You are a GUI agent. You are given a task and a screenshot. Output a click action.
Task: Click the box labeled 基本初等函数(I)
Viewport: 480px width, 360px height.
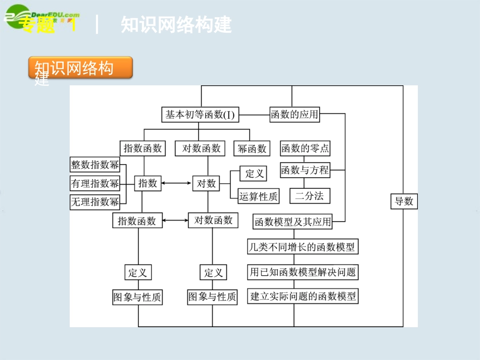coord(200,115)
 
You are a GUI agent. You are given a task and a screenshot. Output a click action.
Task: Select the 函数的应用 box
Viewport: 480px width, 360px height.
coord(295,115)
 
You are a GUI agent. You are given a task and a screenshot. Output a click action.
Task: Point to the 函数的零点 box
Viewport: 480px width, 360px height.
coord(305,148)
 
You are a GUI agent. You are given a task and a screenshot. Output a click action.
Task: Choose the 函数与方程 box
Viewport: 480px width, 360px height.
coord(305,170)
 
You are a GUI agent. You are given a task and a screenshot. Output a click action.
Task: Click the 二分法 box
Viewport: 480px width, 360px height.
coord(310,196)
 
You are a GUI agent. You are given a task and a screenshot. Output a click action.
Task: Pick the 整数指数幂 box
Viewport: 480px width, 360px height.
coord(95,165)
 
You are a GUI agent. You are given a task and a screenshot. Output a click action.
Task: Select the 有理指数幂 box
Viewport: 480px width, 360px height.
coord(95,183)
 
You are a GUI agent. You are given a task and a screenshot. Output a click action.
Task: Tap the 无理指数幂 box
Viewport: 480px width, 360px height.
coord(95,202)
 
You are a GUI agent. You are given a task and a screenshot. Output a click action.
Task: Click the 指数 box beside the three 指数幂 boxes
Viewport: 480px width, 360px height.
coord(148,183)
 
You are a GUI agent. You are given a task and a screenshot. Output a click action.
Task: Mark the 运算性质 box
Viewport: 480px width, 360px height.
coord(259,196)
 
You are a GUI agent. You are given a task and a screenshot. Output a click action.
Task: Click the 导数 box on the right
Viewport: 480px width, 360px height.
coord(404,201)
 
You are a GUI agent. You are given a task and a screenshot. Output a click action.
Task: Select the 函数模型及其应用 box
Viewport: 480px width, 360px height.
coord(293,222)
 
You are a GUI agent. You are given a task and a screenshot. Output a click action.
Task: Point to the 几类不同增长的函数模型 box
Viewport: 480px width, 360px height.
coord(302,247)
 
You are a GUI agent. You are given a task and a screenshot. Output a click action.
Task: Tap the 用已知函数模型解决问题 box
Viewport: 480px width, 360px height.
coord(303,272)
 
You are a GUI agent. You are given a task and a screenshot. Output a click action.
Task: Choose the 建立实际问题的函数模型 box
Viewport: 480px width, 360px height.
coord(303,296)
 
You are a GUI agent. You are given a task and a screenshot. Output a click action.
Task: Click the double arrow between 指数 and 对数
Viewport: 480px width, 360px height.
coord(177,183)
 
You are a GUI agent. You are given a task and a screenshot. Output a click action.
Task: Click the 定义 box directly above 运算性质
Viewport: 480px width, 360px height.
coord(253,174)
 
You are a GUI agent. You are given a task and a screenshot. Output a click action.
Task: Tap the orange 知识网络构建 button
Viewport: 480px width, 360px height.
coord(81,68)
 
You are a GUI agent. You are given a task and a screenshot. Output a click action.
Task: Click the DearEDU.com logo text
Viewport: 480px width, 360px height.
coord(51,16)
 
